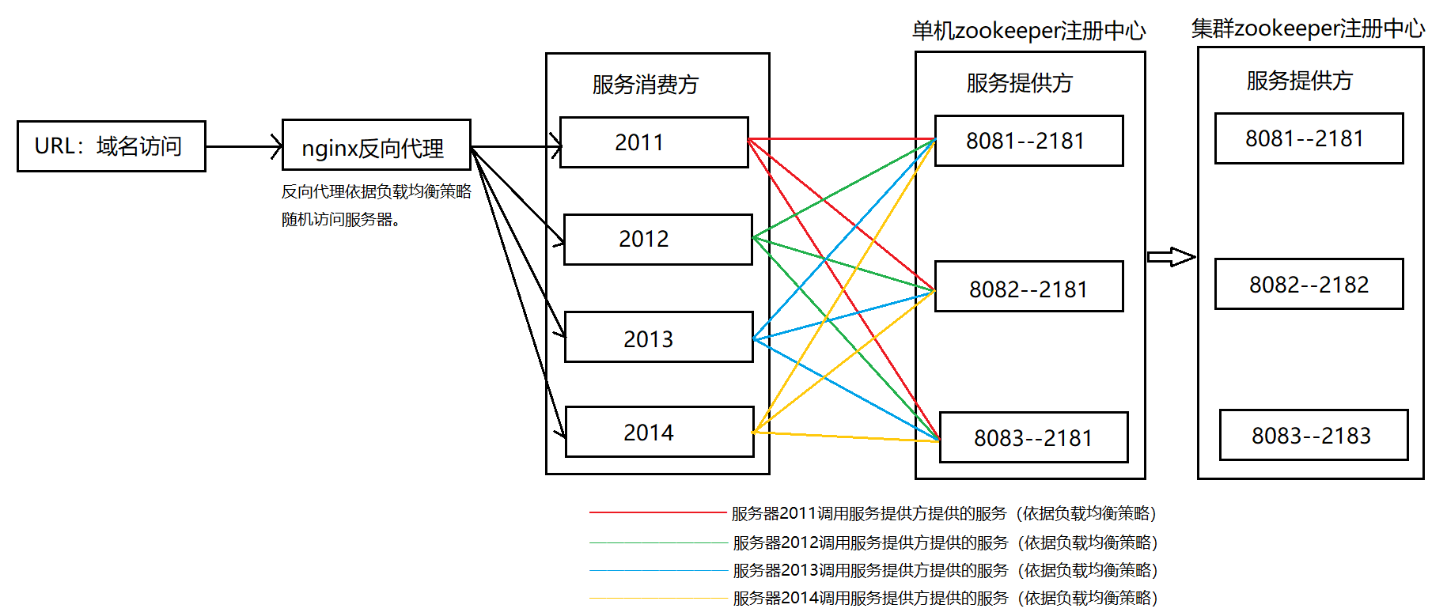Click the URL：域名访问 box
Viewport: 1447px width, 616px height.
pos(112,146)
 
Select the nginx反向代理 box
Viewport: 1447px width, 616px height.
pos(377,145)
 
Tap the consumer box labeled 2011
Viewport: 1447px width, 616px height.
pos(653,142)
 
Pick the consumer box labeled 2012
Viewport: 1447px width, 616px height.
pos(657,239)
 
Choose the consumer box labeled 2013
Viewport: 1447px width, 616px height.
pos(658,338)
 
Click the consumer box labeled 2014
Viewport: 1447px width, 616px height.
pos(659,432)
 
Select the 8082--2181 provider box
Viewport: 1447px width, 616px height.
pos(1028,287)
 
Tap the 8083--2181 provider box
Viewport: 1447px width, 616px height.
pos(1033,437)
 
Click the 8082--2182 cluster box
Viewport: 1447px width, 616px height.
pos(1309,284)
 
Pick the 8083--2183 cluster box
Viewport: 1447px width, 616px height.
pos(1313,435)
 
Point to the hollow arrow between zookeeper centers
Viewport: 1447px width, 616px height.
pos(1171,257)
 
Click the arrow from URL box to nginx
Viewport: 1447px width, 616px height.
pos(244,146)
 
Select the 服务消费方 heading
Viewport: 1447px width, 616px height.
pos(646,85)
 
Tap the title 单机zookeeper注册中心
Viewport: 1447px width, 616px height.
pos(1028,31)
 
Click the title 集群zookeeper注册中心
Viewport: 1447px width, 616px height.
pos(1308,28)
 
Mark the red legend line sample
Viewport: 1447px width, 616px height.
pos(657,513)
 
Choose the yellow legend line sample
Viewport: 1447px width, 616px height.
pos(657,599)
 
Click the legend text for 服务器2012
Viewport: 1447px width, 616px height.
pos(945,542)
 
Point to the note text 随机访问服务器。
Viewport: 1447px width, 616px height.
pos(341,220)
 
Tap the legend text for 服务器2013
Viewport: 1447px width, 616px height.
pos(945,570)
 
